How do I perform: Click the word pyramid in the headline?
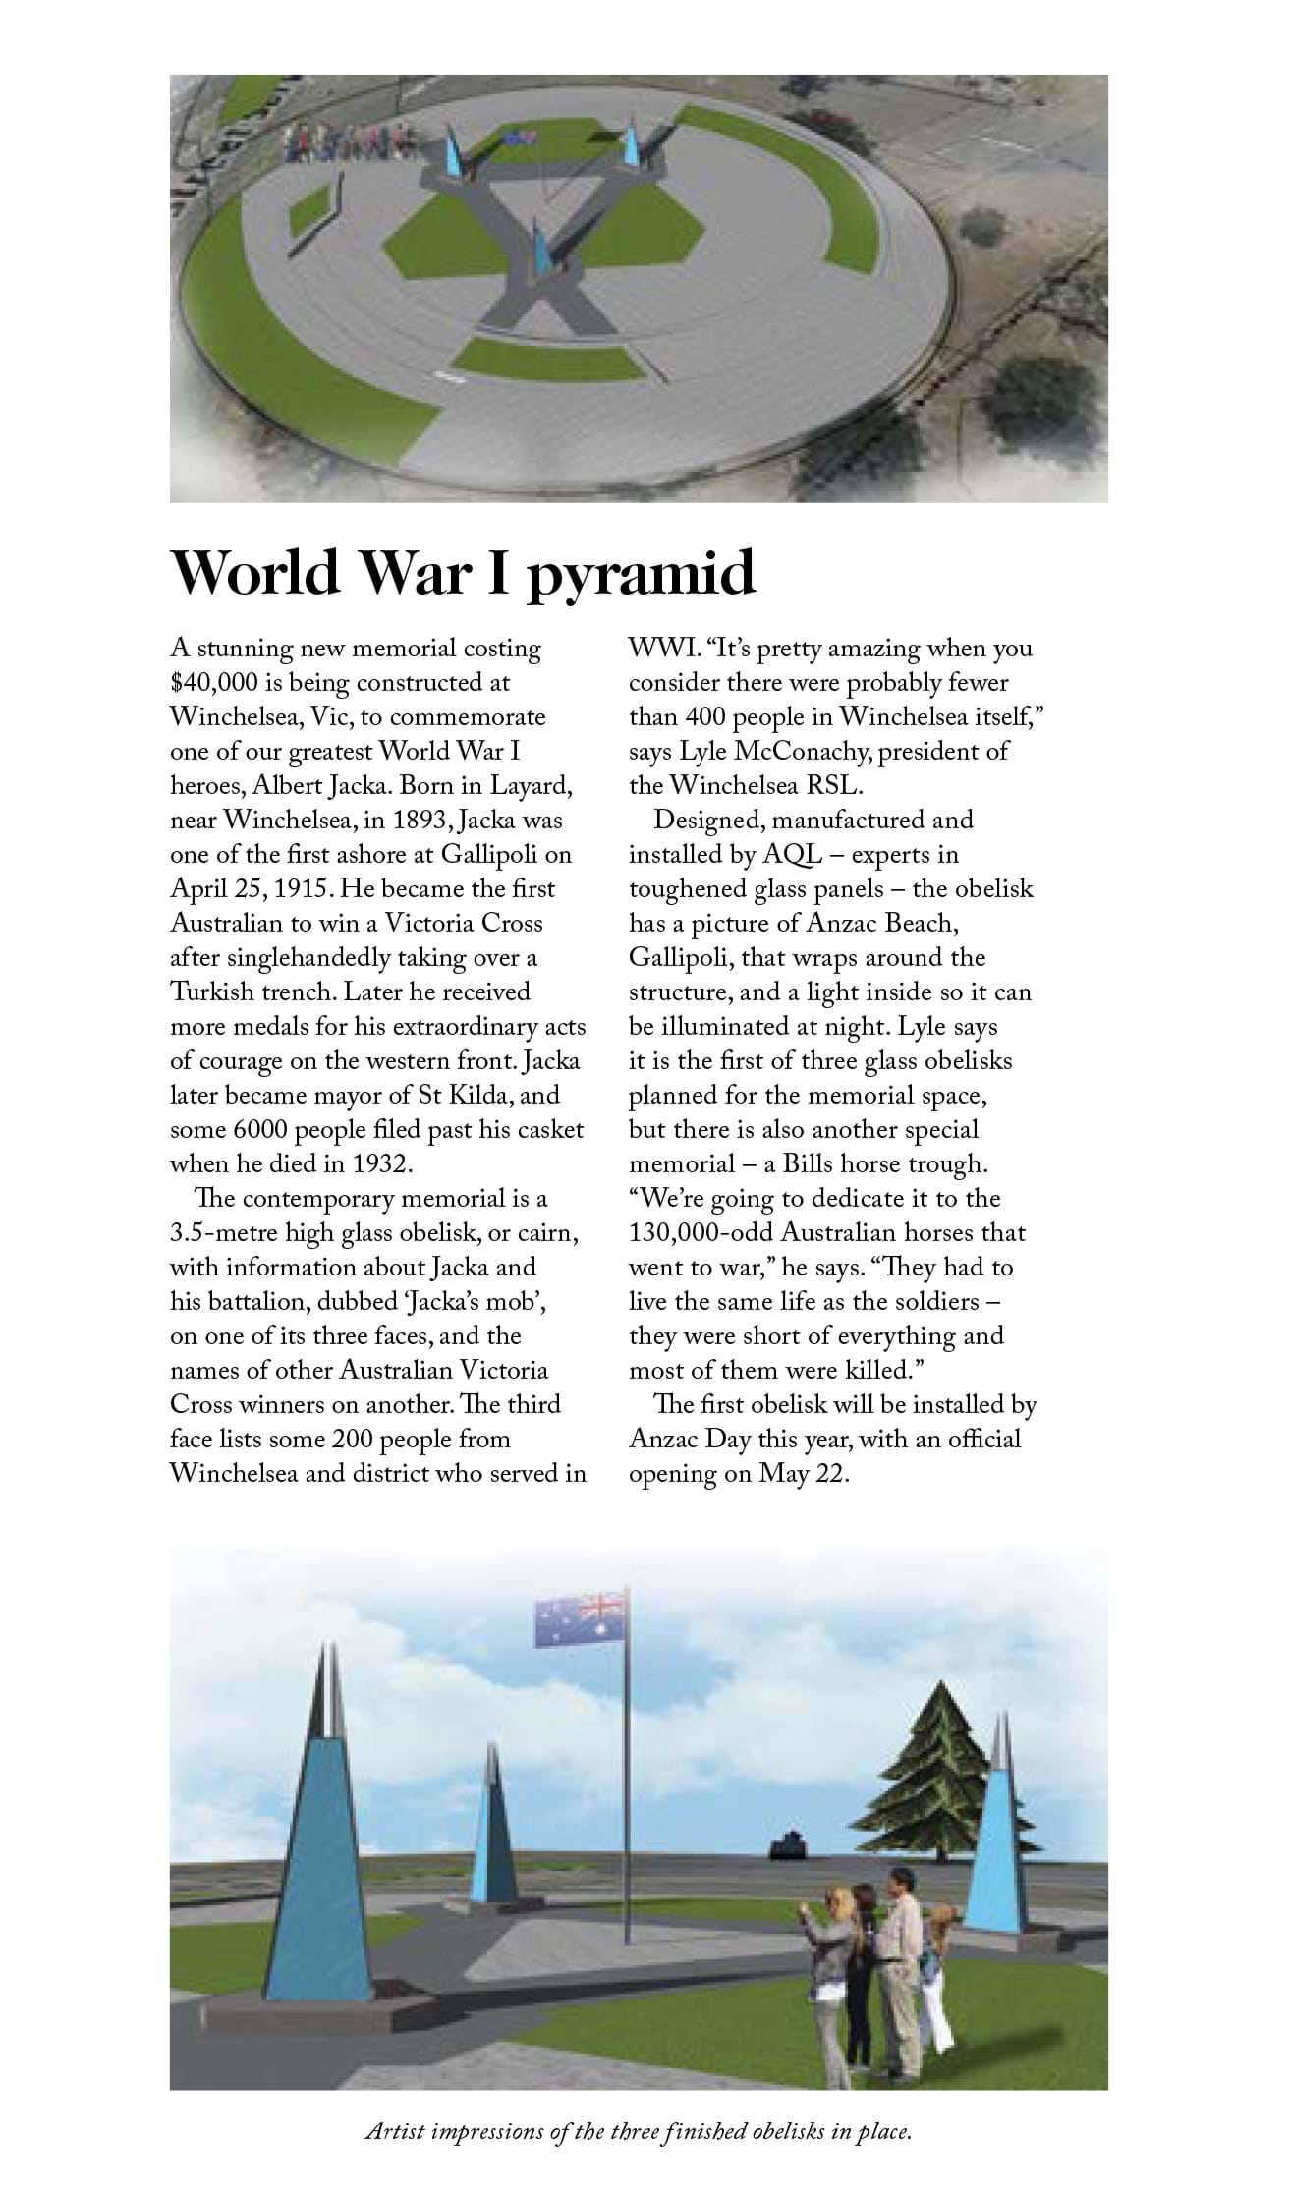click(x=640, y=574)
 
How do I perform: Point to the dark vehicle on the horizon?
click(x=785, y=1845)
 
